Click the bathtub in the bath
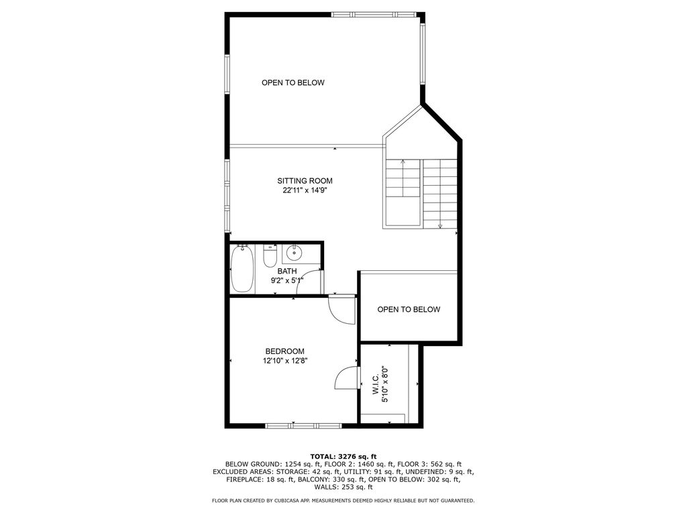pos(242,269)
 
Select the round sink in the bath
pos(294,253)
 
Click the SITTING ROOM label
pos(305,180)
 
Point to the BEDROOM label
pos(284,351)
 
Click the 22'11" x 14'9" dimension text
pos(305,190)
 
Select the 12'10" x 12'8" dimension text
pos(285,361)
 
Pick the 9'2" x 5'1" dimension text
pos(287,281)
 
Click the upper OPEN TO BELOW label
pos(293,82)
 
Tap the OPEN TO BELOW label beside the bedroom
pos(409,310)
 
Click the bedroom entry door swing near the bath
pos(342,310)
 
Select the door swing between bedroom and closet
pos(346,378)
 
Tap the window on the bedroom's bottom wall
pos(304,425)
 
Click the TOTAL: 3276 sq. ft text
pos(343,457)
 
